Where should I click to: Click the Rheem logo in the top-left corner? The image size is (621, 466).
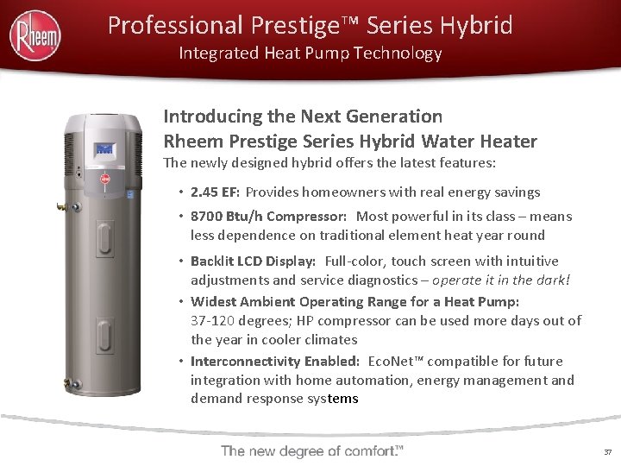tap(35, 35)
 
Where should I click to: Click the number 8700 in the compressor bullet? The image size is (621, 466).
tap(207, 217)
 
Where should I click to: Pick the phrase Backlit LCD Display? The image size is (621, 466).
tap(254, 261)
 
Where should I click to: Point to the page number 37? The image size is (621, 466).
tap(607, 451)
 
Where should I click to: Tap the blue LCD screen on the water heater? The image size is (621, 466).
tap(105, 150)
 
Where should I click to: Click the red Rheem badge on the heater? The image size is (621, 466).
tap(106, 181)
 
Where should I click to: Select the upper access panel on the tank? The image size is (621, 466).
tap(105, 228)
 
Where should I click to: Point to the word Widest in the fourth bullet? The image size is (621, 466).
tap(212, 302)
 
